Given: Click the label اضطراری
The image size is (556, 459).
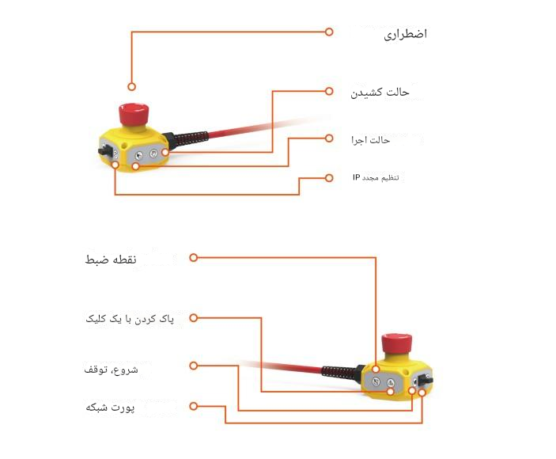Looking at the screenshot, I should pyautogui.click(x=405, y=34).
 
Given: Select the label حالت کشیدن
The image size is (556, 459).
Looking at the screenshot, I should pyautogui.click(x=380, y=92).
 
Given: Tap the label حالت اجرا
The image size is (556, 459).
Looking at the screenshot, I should pyautogui.click(x=371, y=140).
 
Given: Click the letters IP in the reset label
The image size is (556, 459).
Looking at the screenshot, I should pyautogui.click(x=357, y=176).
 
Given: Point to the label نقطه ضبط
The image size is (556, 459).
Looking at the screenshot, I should pyautogui.click(x=112, y=260).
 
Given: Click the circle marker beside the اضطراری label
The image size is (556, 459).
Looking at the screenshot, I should pyautogui.click(x=330, y=32).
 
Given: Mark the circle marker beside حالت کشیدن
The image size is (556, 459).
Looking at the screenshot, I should pyautogui.click(x=330, y=91).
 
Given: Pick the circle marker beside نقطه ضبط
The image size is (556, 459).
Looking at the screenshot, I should pyautogui.click(x=193, y=258).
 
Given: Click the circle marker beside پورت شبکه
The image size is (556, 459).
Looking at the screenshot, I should pyautogui.click(x=193, y=407).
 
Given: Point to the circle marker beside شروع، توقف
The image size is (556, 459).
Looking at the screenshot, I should pyautogui.click(x=193, y=366).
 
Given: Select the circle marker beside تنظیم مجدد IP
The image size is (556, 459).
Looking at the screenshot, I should pyautogui.click(x=330, y=177).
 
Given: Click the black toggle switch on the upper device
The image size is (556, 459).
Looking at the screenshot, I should pyautogui.click(x=104, y=150).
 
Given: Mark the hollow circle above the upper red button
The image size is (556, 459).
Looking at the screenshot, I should pyautogui.click(x=131, y=86).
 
